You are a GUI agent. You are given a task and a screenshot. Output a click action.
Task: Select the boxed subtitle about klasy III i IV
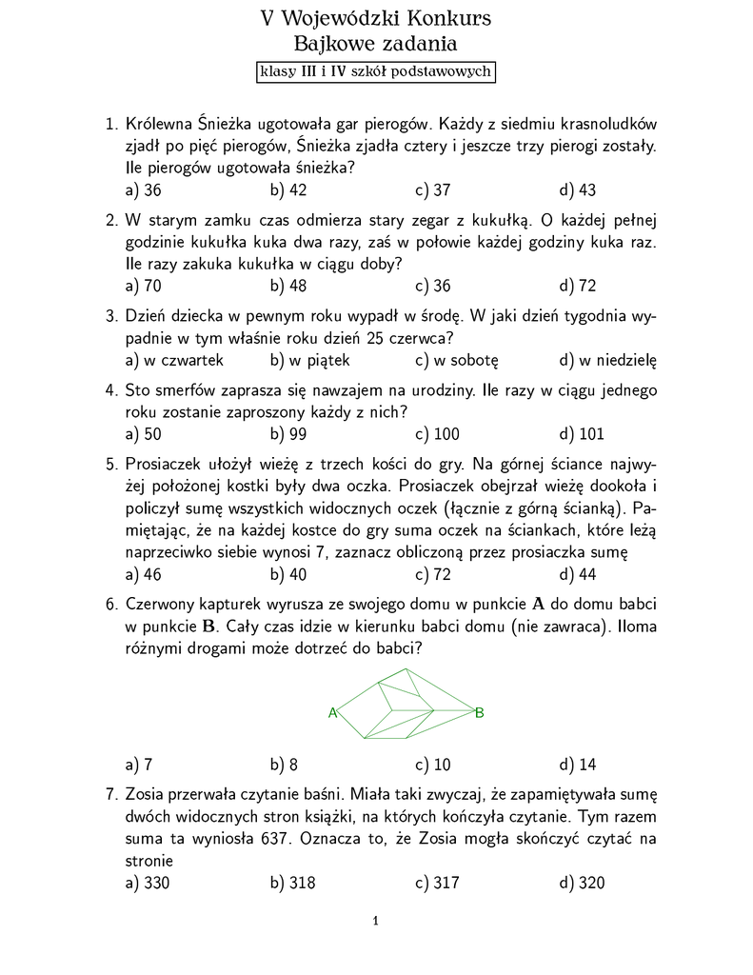[x=375, y=71]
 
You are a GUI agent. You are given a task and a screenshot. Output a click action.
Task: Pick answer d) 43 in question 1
[x=578, y=190]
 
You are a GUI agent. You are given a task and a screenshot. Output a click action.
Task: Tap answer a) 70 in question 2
[x=143, y=287]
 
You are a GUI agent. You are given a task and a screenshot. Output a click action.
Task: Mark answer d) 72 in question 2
[x=578, y=287]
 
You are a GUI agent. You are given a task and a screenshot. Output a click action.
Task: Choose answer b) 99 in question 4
[x=287, y=435]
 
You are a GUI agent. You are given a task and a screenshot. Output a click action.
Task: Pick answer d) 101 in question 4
[x=582, y=435]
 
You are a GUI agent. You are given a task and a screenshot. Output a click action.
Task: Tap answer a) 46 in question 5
[x=143, y=573]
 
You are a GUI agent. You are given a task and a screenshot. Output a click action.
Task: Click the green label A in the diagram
[x=333, y=712]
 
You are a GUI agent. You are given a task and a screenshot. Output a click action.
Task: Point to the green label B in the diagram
[x=480, y=712]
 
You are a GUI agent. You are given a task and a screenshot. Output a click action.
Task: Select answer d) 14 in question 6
[x=578, y=764]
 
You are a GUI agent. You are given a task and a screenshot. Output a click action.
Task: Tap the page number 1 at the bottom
[x=377, y=921]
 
